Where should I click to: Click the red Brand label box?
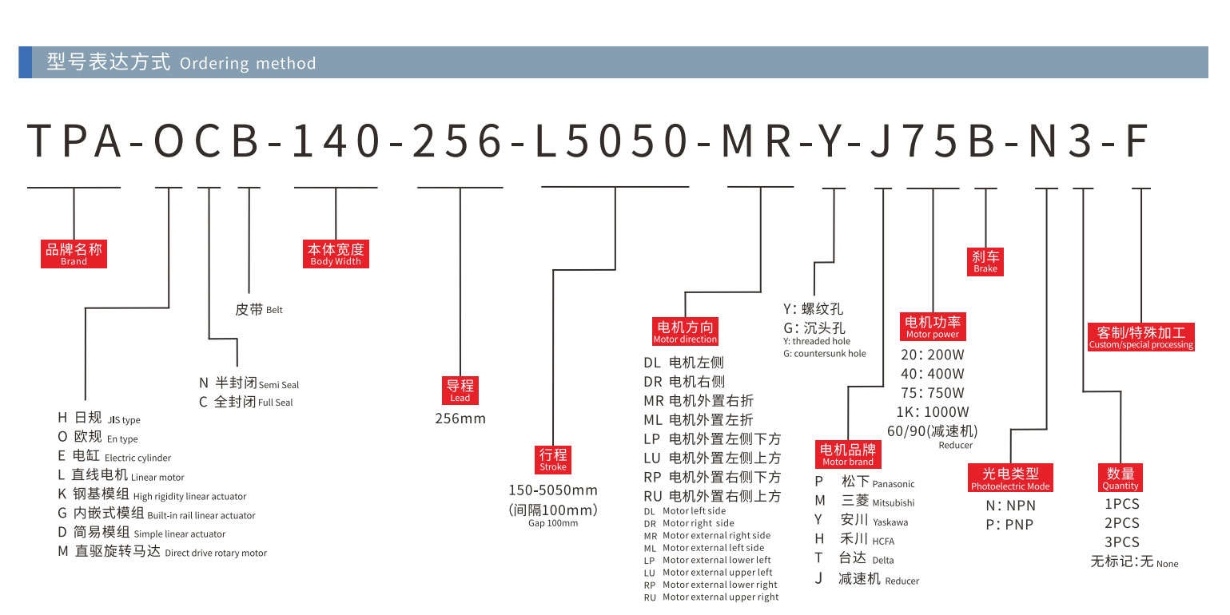pos(74,253)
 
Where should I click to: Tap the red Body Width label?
pos(336,253)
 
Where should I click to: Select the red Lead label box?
pos(460,390)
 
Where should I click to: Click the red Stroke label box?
pos(553,460)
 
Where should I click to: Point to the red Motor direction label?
pos(685,331)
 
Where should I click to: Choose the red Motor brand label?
pos(848,454)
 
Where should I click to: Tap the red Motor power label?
pos(933,327)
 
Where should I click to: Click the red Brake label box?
pos(985,262)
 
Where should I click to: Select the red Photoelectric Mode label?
pos(1010,478)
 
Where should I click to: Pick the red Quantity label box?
pos(1121,478)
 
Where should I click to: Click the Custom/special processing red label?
pos(1141,337)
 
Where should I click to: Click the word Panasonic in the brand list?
pos(894,484)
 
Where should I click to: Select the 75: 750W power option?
pos(933,393)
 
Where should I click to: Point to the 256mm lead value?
pos(460,419)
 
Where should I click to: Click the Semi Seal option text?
pos(279,385)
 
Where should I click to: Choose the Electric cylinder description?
pos(137,458)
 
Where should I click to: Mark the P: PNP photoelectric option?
pos(1009,525)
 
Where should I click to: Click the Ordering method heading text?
pos(248,63)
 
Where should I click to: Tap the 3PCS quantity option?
pos(1122,542)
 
